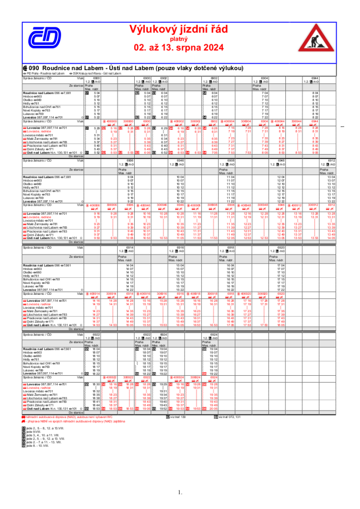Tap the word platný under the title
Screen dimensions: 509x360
(179, 38)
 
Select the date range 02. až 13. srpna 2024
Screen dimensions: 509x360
(179, 48)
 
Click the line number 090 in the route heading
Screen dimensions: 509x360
(33, 68)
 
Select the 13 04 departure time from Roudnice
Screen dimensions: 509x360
(331, 177)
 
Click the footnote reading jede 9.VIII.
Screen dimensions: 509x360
(34, 431)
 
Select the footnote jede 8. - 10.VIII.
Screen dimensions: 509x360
(38, 446)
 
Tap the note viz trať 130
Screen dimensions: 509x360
(178, 417)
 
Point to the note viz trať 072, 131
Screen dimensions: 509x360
(229, 417)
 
